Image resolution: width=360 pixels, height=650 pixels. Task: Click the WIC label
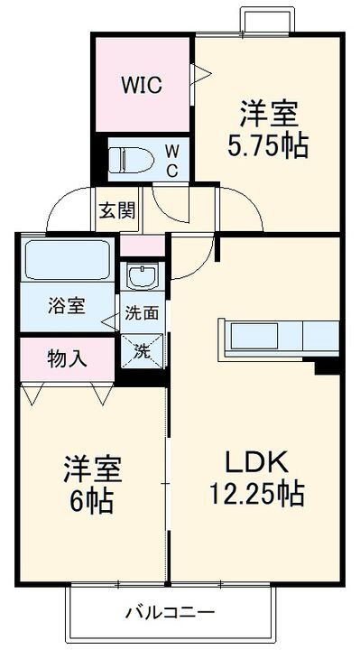(x=142, y=87)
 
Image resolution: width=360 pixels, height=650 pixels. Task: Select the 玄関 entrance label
(x=116, y=211)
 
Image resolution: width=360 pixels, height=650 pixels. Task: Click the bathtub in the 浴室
(x=67, y=260)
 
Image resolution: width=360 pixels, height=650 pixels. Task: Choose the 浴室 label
(x=66, y=305)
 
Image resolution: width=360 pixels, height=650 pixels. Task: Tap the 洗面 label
(x=142, y=314)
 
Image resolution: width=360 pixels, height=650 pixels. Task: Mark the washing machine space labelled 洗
(x=143, y=349)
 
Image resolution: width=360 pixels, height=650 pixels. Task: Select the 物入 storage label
(x=67, y=357)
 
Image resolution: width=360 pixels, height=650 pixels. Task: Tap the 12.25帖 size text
(x=256, y=495)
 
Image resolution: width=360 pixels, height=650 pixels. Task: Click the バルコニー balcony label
(x=170, y=614)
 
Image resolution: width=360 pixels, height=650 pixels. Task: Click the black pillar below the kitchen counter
(x=326, y=367)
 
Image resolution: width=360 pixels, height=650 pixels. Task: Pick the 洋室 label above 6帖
(x=92, y=469)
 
